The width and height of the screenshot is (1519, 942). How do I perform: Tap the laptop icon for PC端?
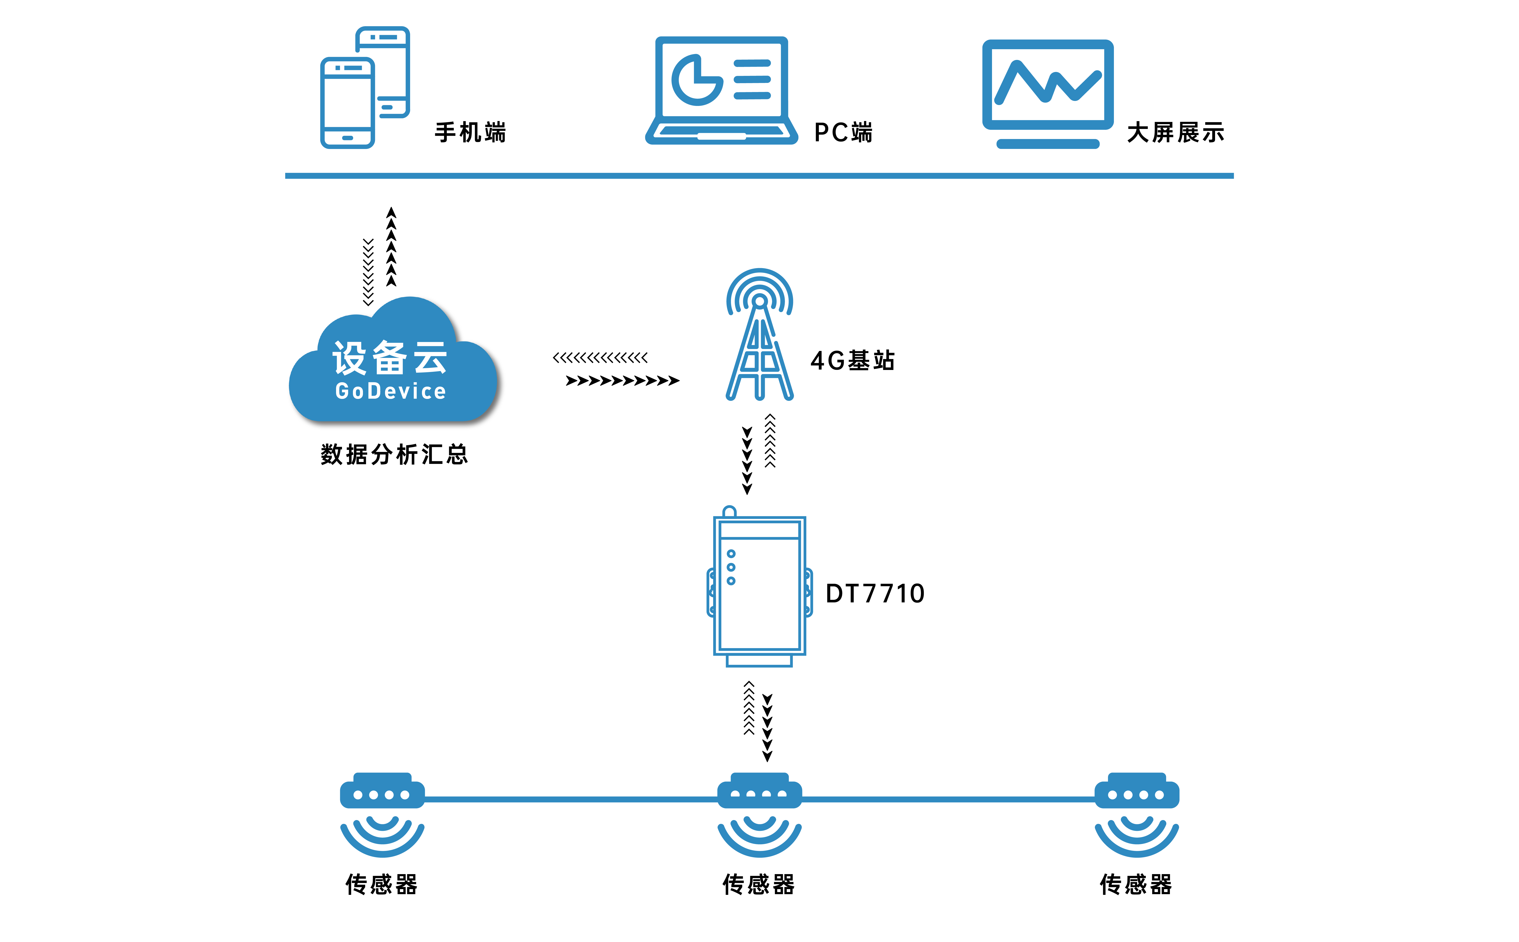pyautogui.click(x=722, y=90)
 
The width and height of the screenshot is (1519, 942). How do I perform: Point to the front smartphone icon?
pyautogui.click(x=347, y=103)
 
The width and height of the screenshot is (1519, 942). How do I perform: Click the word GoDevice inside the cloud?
pyautogui.click(x=391, y=391)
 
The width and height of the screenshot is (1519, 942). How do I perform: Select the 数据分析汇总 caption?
pyautogui.click(x=394, y=454)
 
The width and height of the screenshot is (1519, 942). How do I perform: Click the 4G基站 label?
pyautogui.click(x=852, y=360)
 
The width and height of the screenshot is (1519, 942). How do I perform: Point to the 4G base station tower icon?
pyautogui.click(x=760, y=336)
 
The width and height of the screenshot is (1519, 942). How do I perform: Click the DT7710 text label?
pyautogui.click(x=875, y=593)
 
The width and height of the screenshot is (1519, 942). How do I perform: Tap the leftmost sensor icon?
pyautogui.click(x=382, y=813)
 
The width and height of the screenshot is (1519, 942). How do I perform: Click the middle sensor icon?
pyautogui.click(x=760, y=813)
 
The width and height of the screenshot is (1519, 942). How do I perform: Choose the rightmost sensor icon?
pyautogui.click(x=1136, y=813)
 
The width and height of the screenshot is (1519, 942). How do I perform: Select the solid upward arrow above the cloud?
pyautogui.click(x=391, y=247)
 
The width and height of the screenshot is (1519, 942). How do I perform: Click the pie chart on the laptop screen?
pyautogui.click(x=696, y=80)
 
